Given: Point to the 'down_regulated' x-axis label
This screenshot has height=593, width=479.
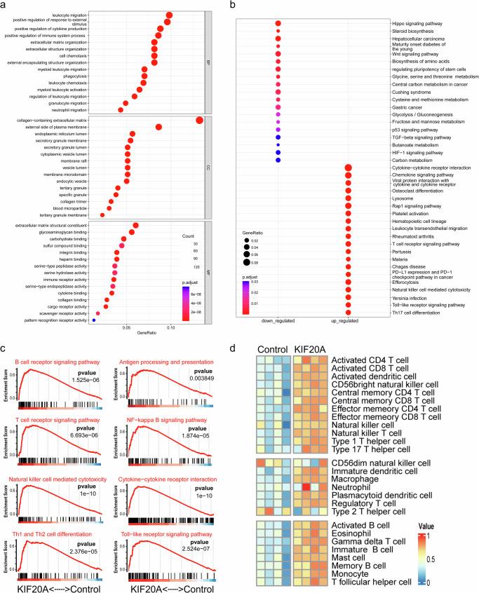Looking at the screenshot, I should [278, 321].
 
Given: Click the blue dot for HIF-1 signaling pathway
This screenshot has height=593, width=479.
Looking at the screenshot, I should [278, 152].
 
